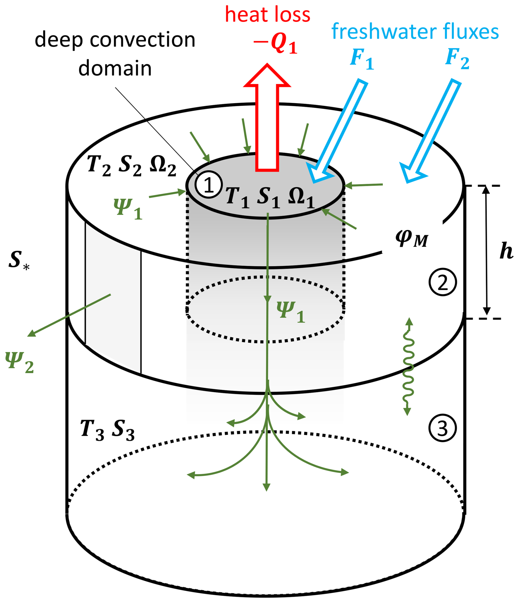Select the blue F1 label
(x=362, y=60)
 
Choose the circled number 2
(x=442, y=282)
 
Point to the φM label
(x=412, y=239)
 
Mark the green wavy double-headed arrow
(x=408, y=367)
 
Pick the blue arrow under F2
(x=431, y=131)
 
